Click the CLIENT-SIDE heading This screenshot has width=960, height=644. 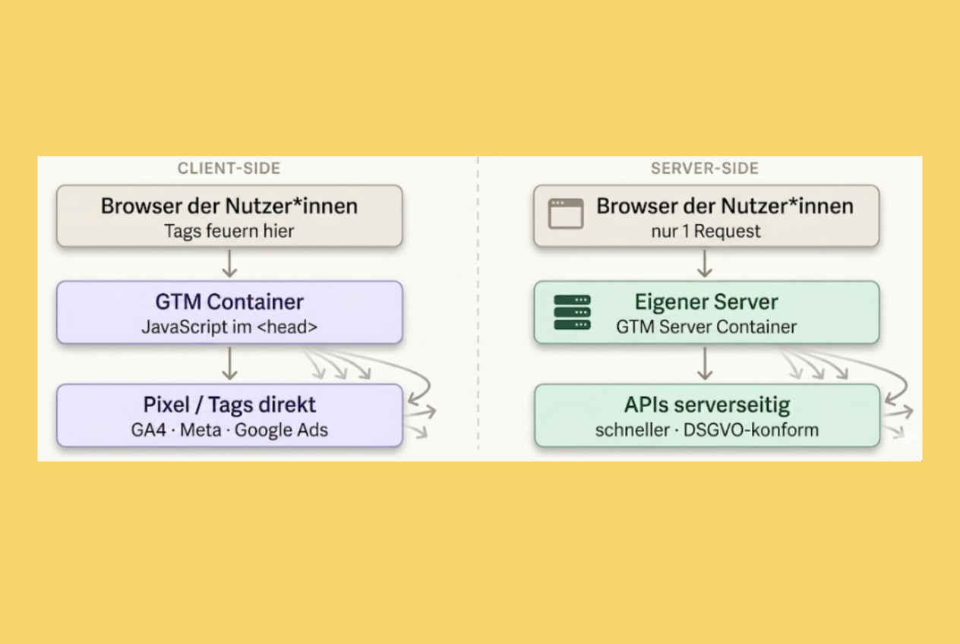pos(229,169)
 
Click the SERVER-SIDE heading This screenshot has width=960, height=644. pos(705,169)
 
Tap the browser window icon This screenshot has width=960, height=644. pos(566,213)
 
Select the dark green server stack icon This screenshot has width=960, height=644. pos(572,312)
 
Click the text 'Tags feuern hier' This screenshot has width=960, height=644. pos(229,231)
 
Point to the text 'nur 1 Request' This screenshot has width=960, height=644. pos(706,231)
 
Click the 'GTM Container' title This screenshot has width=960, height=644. pos(229,301)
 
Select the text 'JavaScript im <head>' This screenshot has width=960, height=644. pos(229,327)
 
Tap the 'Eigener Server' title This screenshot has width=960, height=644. pos(706,301)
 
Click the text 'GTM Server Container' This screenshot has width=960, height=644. pos(706,327)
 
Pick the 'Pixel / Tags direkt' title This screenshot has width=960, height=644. pos(229,405)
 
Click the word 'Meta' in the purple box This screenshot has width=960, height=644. pos(201,430)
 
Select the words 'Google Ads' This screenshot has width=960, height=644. pos(281,430)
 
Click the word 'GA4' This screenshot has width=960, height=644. pos(149,430)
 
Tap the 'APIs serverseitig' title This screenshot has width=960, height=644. pos(707,405)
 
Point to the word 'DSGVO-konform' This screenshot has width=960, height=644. pos(751,430)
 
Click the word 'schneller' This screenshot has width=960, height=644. pos(633,430)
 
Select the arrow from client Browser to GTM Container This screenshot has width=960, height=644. pos(229,264)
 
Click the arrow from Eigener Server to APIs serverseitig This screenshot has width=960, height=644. pos(705,363)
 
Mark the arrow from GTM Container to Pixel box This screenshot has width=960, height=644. pos(229,363)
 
